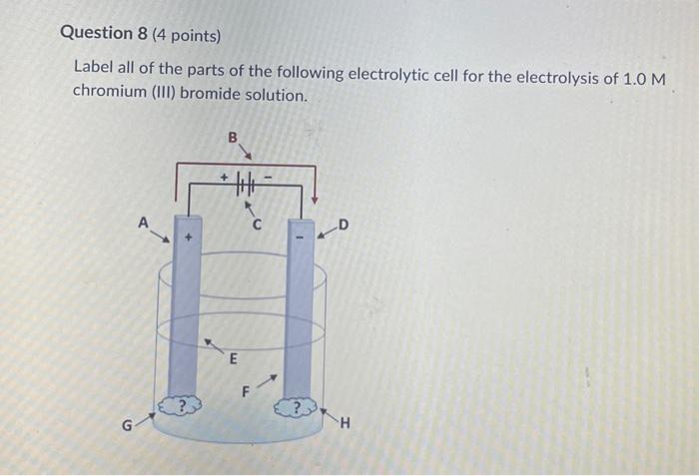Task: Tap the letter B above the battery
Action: click(x=233, y=139)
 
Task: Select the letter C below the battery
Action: click(x=257, y=226)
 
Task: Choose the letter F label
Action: click(x=239, y=392)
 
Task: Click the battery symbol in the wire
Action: click(x=246, y=185)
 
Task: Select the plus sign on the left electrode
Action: click(x=185, y=239)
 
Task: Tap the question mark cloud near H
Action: click(x=298, y=409)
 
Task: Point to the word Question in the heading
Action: click(x=97, y=33)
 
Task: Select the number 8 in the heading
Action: click(x=143, y=33)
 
